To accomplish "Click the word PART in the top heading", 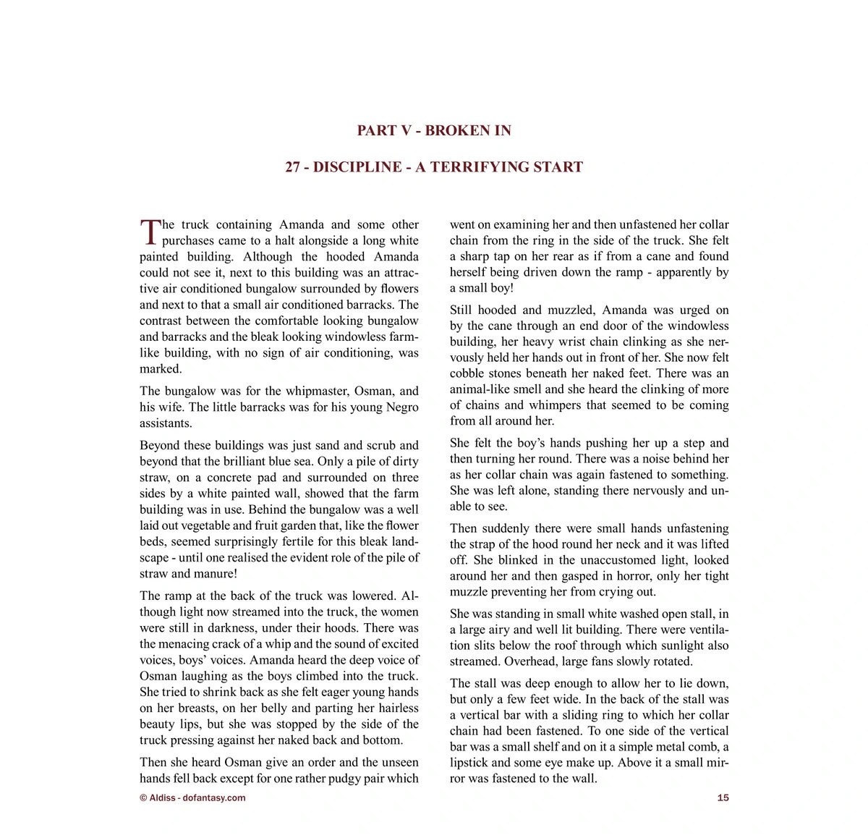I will [x=376, y=131].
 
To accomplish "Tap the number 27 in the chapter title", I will [x=292, y=167].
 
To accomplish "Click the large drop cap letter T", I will [x=150, y=232].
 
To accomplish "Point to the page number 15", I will [x=723, y=798].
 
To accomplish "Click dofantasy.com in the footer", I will [x=214, y=798].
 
